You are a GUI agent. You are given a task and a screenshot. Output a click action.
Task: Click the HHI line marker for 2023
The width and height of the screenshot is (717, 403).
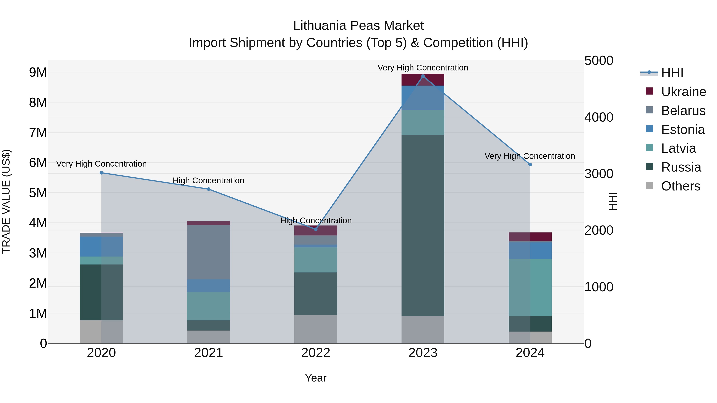(423, 76)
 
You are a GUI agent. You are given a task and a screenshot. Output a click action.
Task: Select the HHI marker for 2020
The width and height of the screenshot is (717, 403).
(101, 173)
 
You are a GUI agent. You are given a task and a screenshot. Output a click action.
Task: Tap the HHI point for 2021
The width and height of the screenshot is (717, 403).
(209, 189)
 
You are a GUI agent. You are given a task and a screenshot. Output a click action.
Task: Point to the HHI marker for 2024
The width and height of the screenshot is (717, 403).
(530, 165)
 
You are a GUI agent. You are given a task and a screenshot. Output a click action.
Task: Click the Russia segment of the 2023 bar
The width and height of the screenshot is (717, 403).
(423, 225)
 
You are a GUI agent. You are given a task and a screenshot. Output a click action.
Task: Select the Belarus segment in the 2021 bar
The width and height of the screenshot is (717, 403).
(209, 252)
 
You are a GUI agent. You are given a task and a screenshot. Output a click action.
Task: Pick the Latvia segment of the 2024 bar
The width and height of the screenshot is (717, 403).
(530, 287)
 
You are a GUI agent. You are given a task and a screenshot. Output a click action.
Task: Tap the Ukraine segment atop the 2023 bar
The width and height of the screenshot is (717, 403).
(423, 80)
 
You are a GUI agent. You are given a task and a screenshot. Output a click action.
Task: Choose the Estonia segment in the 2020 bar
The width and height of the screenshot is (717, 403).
(101, 246)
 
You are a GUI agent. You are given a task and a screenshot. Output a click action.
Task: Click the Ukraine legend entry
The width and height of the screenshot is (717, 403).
(683, 92)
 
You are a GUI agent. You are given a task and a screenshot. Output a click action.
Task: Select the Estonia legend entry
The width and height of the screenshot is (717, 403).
(683, 130)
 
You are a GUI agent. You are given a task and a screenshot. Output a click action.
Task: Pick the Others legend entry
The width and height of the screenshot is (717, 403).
(681, 186)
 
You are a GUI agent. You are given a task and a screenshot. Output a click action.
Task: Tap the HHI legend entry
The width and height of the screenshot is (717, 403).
(672, 73)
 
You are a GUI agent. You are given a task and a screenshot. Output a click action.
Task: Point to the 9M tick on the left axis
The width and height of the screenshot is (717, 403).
(38, 72)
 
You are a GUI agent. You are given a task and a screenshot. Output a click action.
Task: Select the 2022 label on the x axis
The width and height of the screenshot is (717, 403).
(316, 353)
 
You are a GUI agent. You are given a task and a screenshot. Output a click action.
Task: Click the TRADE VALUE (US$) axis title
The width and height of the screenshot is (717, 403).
(6, 201)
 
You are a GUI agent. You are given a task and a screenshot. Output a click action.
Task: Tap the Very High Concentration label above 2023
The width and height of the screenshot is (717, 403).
(423, 68)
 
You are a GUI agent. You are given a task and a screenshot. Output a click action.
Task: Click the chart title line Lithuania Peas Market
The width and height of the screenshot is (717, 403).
(358, 26)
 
